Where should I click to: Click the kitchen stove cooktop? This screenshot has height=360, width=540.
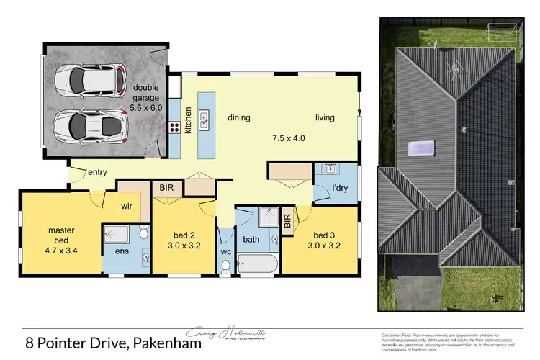tap(174, 129)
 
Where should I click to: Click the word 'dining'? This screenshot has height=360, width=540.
tap(238, 117)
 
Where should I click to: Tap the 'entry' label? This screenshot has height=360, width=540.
tap(97, 172)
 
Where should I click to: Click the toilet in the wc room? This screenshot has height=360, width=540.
tap(226, 266)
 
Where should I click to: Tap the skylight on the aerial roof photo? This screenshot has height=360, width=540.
tap(422, 149)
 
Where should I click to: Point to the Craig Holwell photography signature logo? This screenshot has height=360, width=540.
tap(225, 335)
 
